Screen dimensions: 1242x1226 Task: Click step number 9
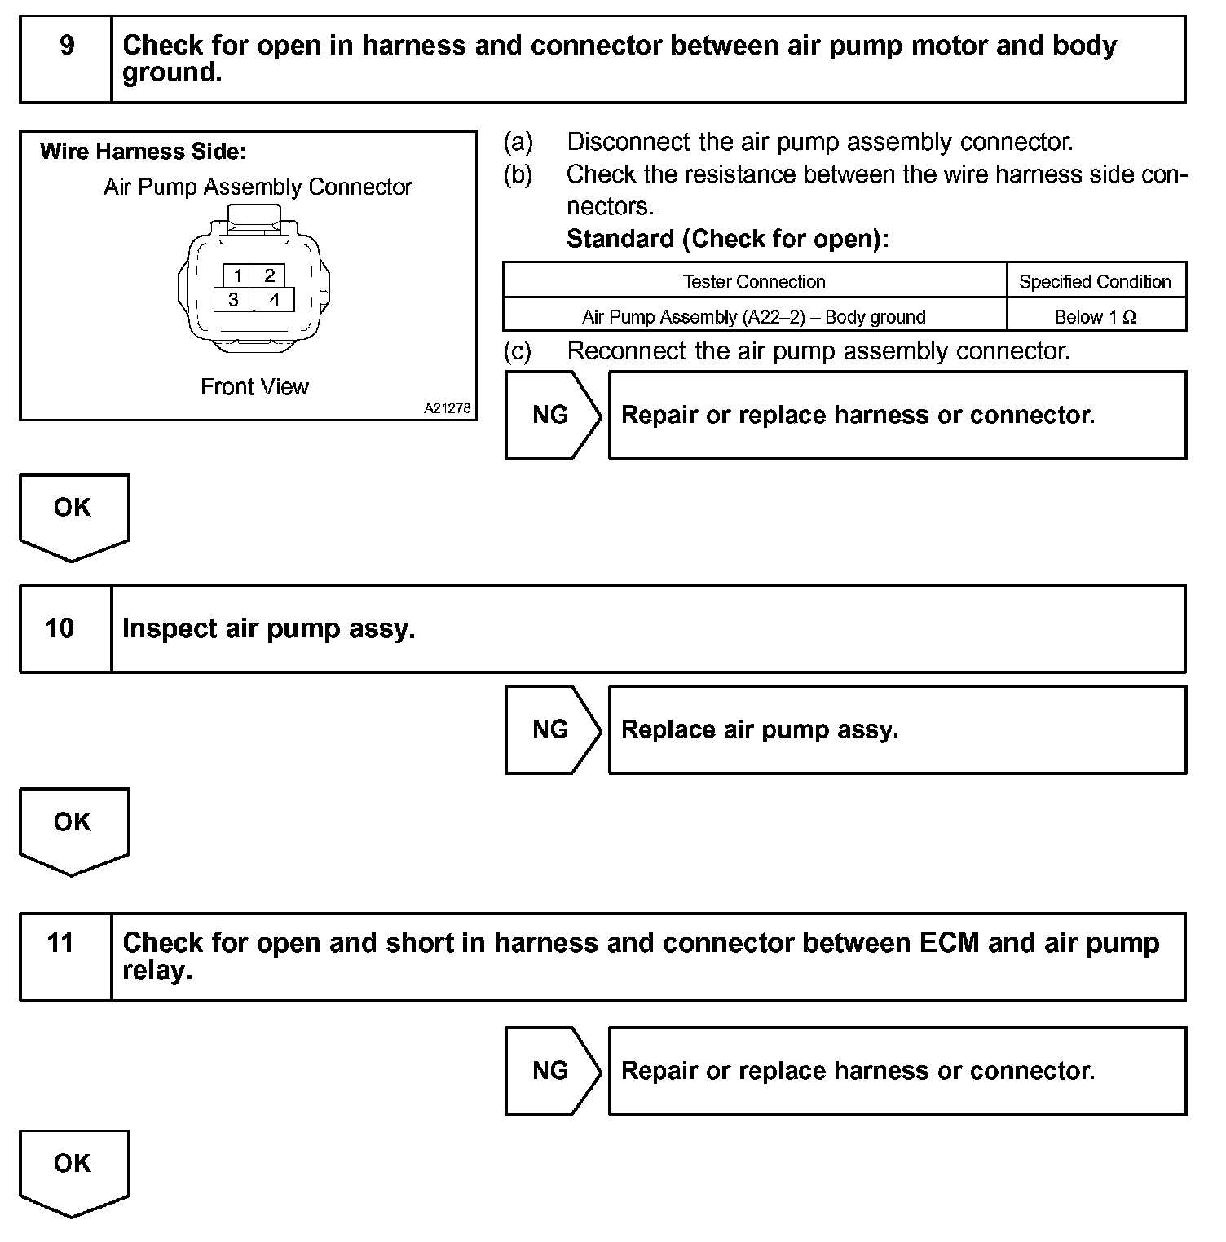(x=67, y=46)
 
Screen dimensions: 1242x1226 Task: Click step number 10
(x=60, y=628)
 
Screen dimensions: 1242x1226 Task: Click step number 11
(x=60, y=943)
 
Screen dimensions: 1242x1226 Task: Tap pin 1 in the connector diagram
(x=238, y=275)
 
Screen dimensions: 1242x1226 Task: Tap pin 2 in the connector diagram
(x=270, y=275)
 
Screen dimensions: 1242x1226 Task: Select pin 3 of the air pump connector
(x=234, y=300)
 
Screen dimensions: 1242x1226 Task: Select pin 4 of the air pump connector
(x=275, y=300)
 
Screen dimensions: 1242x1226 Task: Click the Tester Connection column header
(x=754, y=282)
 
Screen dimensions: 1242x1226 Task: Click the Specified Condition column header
(x=1095, y=282)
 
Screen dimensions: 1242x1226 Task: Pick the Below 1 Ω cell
(x=1095, y=317)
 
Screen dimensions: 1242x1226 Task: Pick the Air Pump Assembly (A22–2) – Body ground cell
(x=754, y=317)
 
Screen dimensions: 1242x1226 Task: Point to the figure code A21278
(x=447, y=408)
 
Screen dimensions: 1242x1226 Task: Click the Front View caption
(x=254, y=387)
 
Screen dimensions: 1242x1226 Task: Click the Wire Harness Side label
(x=143, y=152)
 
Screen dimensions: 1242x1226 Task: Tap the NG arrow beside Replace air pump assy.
(x=552, y=729)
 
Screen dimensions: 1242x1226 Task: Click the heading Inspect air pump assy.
(x=268, y=628)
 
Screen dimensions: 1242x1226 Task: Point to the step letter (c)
(x=518, y=351)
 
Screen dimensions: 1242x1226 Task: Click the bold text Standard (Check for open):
(x=727, y=239)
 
